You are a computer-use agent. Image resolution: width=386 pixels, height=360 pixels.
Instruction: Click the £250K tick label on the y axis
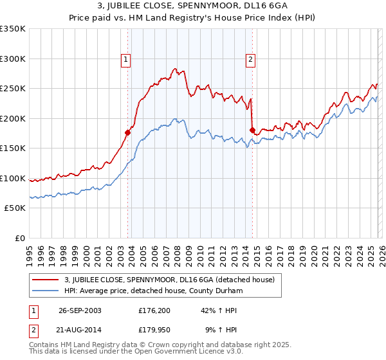click(12, 89)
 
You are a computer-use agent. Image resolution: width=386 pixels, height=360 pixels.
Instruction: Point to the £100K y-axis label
click(12, 178)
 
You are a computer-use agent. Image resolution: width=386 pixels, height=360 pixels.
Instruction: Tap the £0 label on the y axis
click(19, 238)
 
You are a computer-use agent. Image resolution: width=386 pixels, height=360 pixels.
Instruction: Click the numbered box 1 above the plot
click(126, 60)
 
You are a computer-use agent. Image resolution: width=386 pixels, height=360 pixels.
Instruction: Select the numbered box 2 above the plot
click(250, 60)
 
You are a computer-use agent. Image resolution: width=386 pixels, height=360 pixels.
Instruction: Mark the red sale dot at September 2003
click(127, 133)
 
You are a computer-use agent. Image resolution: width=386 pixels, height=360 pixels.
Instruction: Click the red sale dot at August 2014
click(252, 130)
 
